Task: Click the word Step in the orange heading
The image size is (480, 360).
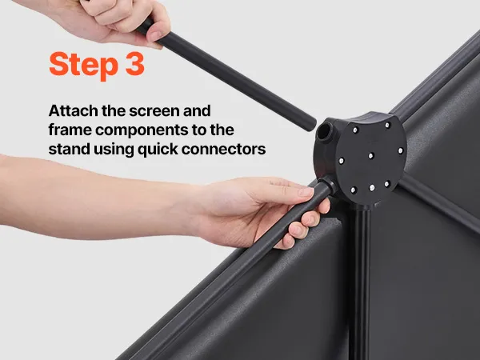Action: click(x=83, y=65)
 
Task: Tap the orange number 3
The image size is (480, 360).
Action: click(x=135, y=64)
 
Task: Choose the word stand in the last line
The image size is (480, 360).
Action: click(x=69, y=149)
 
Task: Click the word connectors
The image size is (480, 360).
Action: click(x=223, y=150)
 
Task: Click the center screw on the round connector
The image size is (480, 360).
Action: click(x=371, y=155)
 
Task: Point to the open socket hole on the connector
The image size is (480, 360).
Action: click(x=325, y=131)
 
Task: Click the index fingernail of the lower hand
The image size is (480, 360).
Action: click(x=306, y=192)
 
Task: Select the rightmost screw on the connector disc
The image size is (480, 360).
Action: click(x=400, y=150)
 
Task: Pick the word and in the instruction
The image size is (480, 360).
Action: click(x=197, y=110)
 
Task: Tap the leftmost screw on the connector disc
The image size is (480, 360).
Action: click(x=342, y=161)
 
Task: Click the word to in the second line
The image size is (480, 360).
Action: click(x=201, y=130)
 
